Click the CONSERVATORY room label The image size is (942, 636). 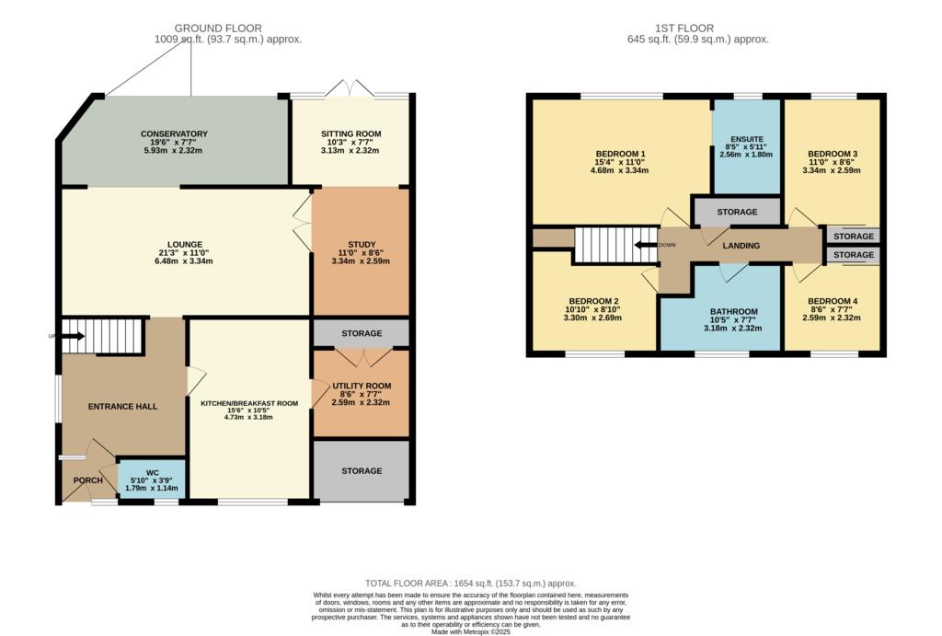coord(174,133)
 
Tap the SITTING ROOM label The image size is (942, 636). coord(350,133)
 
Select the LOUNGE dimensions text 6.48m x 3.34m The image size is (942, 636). coord(185,261)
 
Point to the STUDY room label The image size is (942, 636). coord(362,244)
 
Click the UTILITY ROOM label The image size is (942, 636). coord(362,386)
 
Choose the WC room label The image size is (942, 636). coord(153,472)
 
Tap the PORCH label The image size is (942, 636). coord(88,480)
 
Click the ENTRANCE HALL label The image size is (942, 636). coord(123,407)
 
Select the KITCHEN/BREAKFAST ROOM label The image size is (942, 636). coord(249,403)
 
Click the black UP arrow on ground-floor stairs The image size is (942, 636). coord(74,336)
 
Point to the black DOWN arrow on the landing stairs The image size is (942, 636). coord(646,245)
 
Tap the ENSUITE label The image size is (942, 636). coord(747,139)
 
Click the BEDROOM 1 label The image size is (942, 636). coord(621,154)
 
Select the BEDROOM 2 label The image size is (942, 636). coord(593,301)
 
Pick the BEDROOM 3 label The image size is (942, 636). coord(832,154)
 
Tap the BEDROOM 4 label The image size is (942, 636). coord(832,301)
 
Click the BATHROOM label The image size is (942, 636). coord(733,311)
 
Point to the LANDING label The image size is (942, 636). coord(741,245)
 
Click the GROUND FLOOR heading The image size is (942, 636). coord(218,29)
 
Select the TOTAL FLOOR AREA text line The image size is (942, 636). coord(471,584)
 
